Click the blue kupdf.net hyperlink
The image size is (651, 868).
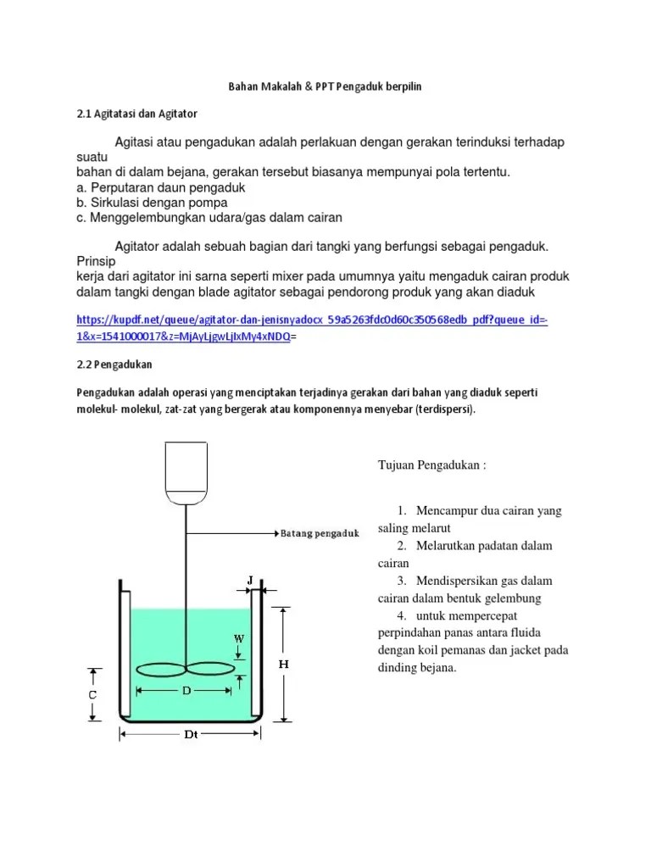click(312, 328)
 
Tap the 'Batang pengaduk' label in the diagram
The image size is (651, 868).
click(320, 533)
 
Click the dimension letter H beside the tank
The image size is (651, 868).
click(284, 665)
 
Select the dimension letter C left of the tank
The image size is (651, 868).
click(92, 694)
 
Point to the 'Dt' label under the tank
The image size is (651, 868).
click(192, 736)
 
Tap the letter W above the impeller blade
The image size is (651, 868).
click(240, 637)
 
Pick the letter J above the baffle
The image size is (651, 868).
click(250, 580)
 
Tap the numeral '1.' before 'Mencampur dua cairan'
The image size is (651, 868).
click(402, 510)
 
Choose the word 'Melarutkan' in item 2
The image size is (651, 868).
click(445, 545)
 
